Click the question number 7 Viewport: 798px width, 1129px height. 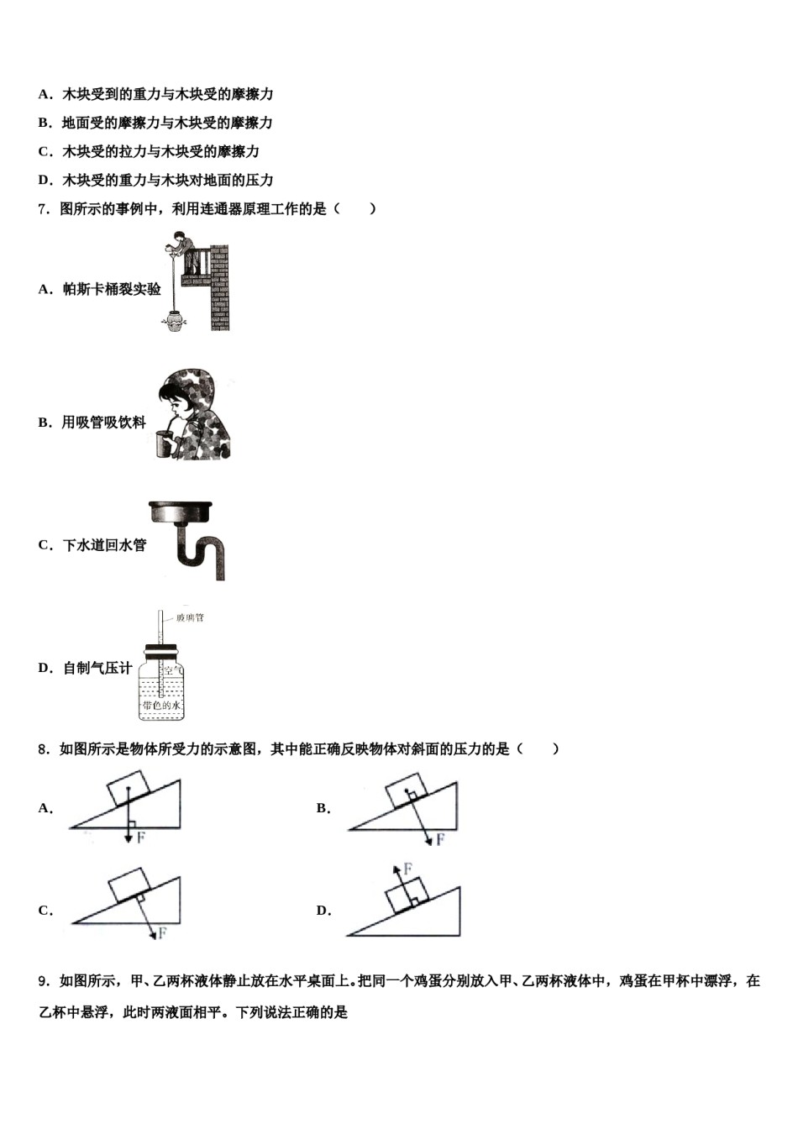coord(43,209)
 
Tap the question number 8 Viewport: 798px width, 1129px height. coord(43,749)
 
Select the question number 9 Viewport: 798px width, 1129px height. coord(43,981)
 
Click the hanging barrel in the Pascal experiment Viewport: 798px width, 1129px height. coord(174,322)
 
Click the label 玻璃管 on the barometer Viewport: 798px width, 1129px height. coord(190,617)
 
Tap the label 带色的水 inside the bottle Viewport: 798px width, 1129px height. coord(161,706)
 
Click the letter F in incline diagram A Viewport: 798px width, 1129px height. coord(140,838)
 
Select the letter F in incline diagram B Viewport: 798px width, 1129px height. coord(440,839)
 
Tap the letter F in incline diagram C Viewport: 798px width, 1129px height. coord(162,932)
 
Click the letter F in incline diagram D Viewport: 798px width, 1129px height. coord(407,868)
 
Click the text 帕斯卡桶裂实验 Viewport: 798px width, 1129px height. coord(112,290)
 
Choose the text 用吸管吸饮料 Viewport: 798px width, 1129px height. coord(104,423)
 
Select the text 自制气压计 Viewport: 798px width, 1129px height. coord(97,669)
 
